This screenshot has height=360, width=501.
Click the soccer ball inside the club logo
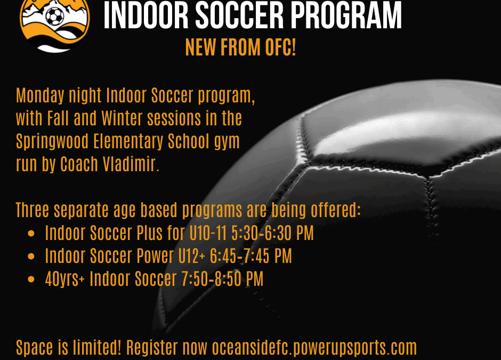click(55, 16)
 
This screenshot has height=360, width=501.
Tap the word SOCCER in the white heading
click(239, 15)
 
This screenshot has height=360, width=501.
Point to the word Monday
click(41, 95)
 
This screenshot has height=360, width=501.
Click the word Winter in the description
click(122, 118)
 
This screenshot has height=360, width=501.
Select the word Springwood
click(52, 142)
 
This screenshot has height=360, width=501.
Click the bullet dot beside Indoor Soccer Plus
click(31, 234)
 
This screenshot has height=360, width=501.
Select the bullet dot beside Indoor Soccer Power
click(31, 256)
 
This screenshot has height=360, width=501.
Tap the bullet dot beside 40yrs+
click(31, 279)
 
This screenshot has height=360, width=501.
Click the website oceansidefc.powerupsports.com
click(314, 348)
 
